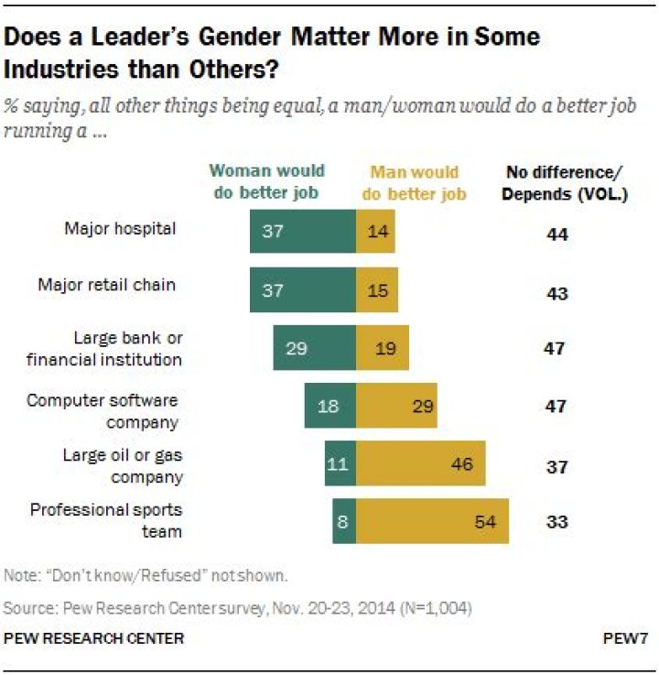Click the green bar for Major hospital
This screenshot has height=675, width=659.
pyautogui.click(x=302, y=231)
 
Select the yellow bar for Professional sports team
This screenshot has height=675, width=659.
pyautogui.click(x=432, y=522)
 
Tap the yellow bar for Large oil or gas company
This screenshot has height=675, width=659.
pyautogui.click(x=420, y=463)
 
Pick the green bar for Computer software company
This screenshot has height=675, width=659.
pyautogui.click(x=329, y=406)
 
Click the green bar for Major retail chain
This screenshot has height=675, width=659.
pyautogui.click(x=302, y=289)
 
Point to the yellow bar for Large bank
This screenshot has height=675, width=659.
pyautogui.click(x=382, y=348)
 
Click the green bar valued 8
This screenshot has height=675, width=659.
pyautogui.click(x=344, y=522)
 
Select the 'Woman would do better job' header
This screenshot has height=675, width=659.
pyautogui.click(x=266, y=181)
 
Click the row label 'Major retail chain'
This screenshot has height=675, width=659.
pyautogui.click(x=106, y=285)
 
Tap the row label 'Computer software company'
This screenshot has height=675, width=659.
pyautogui.click(x=102, y=411)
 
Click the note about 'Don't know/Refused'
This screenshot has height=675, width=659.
pyautogui.click(x=146, y=575)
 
